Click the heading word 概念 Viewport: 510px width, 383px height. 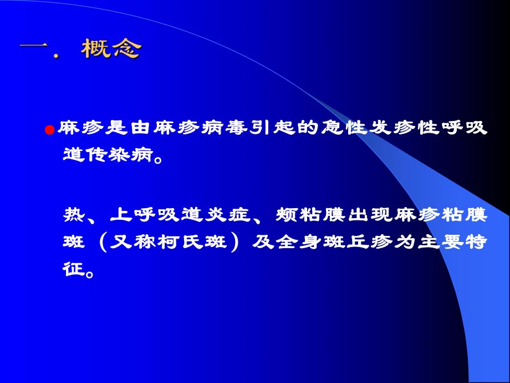point(111,49)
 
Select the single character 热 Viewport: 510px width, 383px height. point(74,214)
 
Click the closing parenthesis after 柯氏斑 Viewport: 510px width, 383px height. point(233,243)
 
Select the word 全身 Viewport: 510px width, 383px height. point(302,243)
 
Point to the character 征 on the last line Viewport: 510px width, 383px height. point(74,271)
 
